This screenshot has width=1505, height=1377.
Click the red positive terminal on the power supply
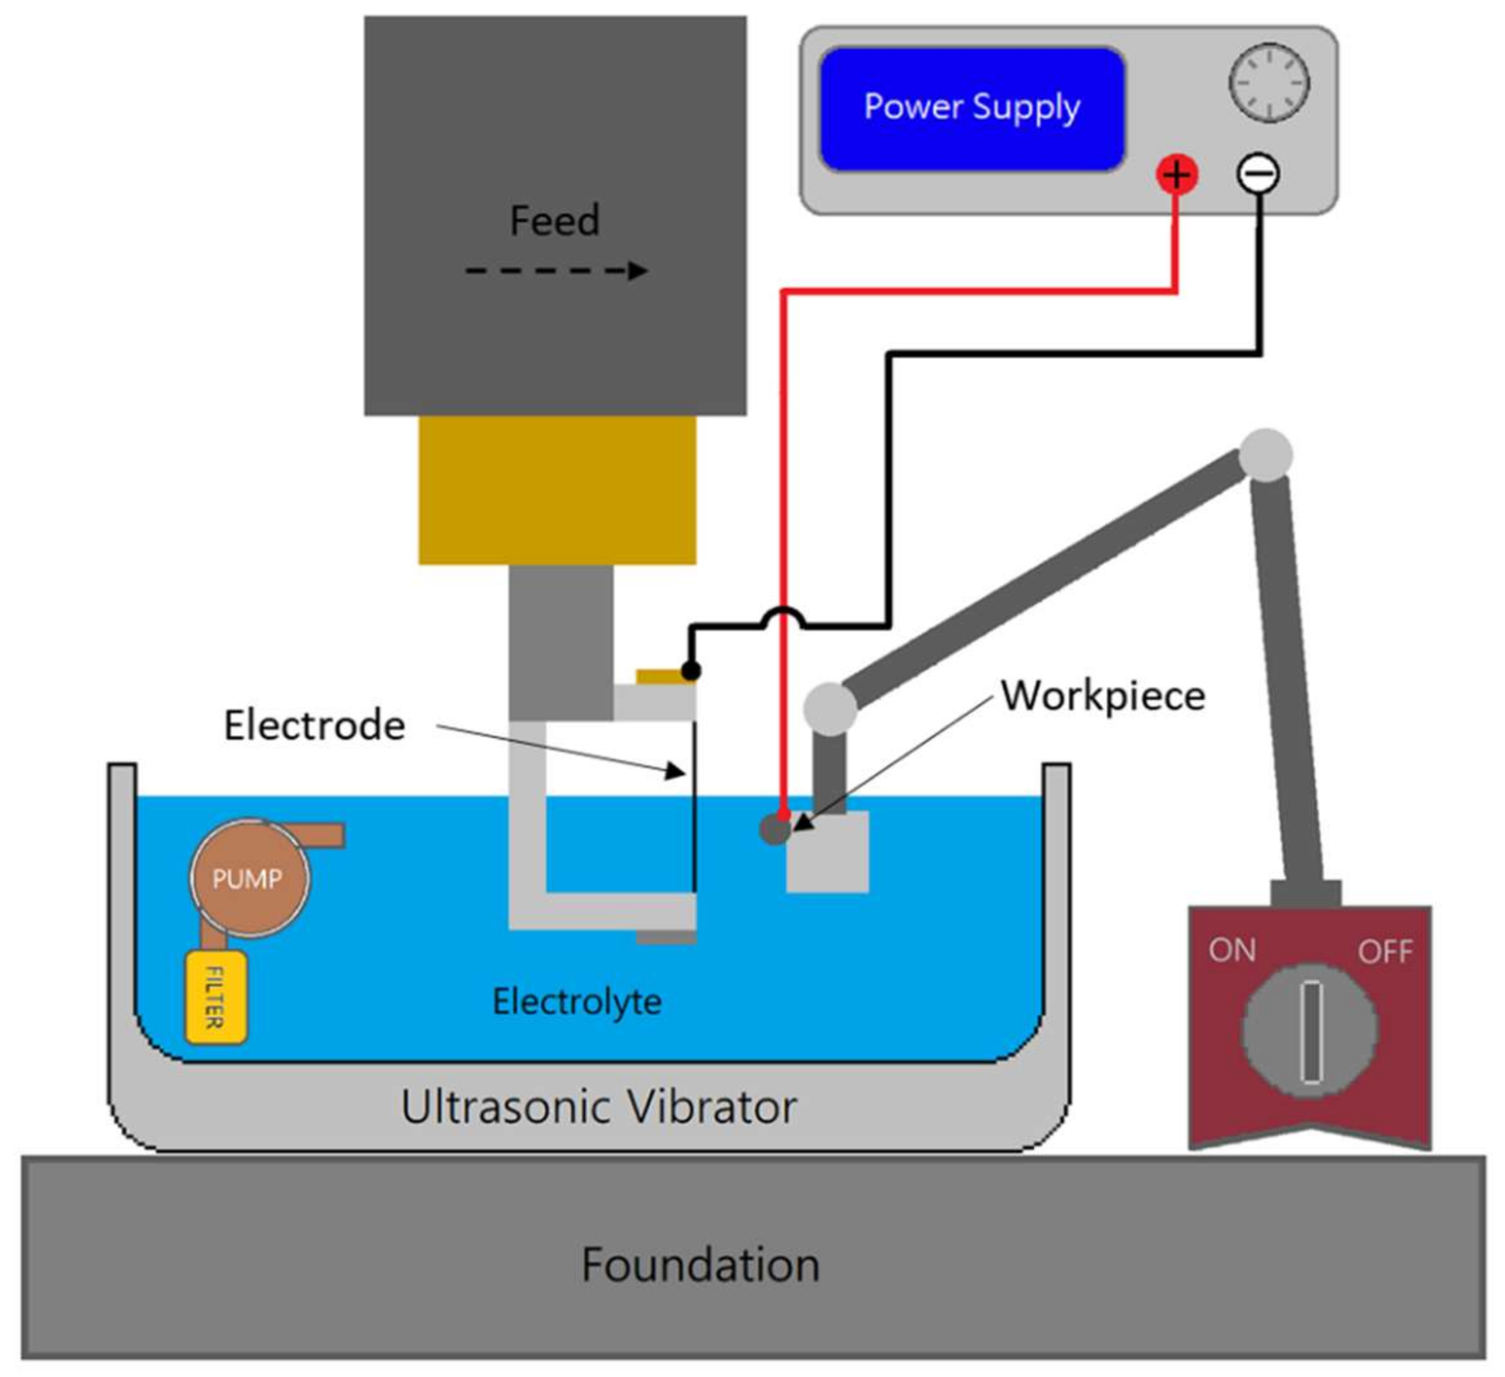click(1177, 175)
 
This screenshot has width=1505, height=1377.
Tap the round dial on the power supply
click(1269, 83)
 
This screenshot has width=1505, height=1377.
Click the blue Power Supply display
click(972, 109)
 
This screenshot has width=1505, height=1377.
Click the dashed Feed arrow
click(556, 270)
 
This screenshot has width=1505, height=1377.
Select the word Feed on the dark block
click(554, 221)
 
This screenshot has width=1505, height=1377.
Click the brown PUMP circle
click(249, 878)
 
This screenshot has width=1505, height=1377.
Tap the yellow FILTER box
click(215, 998)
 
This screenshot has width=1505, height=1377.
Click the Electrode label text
click(314, 725)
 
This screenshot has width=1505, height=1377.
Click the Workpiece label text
click(1103, 696)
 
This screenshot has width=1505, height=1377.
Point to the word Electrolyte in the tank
click(577, 1002)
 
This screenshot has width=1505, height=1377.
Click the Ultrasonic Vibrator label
click(599, 1107)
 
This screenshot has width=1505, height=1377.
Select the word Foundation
click(701, 1265)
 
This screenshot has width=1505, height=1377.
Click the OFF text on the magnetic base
click(1385, 952)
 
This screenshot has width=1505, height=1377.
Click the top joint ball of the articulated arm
click(1266, 455)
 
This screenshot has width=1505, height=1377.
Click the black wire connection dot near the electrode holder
click(691, 671)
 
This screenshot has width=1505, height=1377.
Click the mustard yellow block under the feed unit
click(557, 490)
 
